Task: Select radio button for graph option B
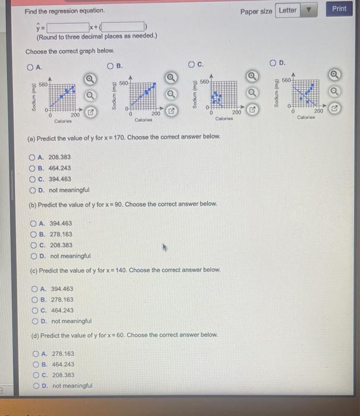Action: (110, 65)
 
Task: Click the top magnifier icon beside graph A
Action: (90, 79)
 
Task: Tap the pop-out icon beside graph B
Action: (171, 111)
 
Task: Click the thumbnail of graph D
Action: (304, 93)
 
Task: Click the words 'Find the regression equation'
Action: (64, 11)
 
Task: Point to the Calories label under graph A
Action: (63, 120)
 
